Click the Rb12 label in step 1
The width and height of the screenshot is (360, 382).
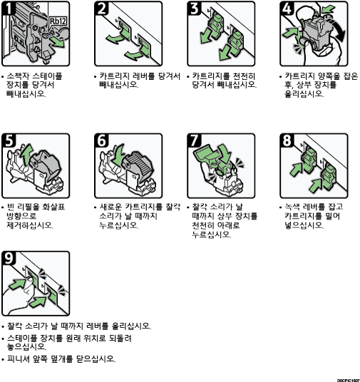58,21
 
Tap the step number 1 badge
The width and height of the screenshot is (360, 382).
9,8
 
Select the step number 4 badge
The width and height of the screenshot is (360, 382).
287,8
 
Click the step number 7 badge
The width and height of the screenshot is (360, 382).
195,140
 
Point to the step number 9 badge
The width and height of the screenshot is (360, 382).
9,258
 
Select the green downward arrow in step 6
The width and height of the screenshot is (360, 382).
118,154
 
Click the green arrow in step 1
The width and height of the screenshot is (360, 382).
58,42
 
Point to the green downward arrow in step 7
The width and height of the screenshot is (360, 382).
225,153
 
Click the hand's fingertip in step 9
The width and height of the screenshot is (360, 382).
30,279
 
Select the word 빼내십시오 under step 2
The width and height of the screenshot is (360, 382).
118,85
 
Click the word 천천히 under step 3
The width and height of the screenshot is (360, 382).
244,76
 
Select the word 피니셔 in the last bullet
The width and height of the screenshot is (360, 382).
18,358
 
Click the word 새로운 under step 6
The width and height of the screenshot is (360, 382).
110,207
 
